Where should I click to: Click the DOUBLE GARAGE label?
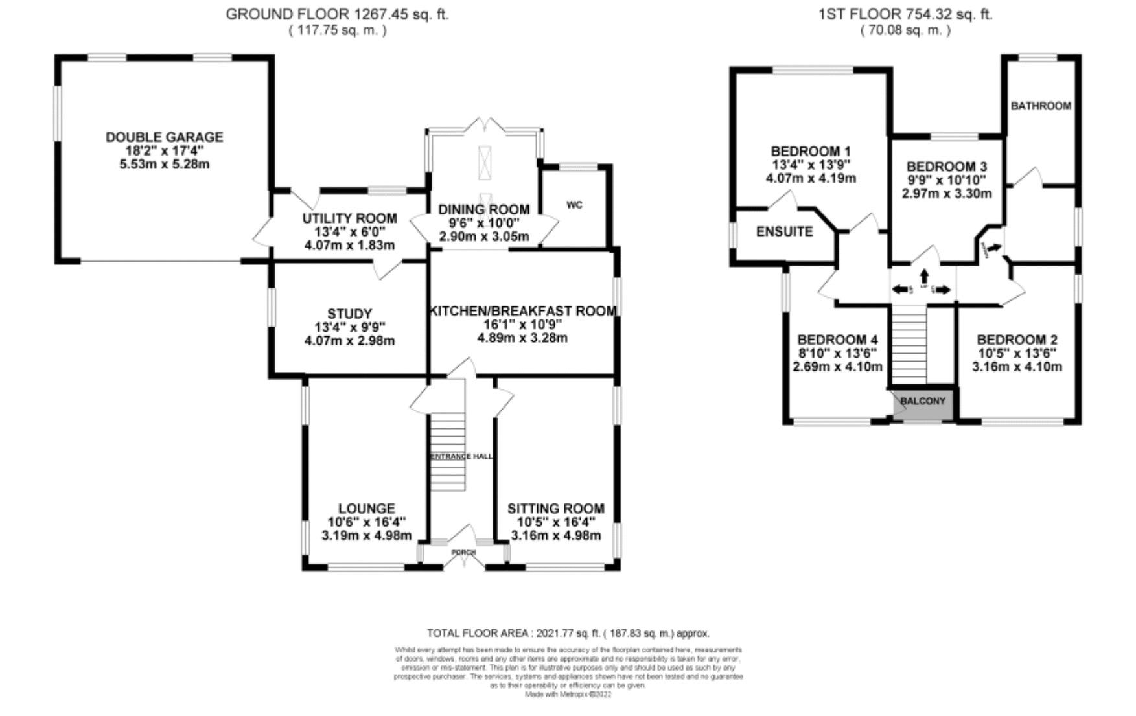[x=164, y=137]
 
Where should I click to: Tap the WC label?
[x=574, y=205]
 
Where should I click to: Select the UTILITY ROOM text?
[x=349, y=218]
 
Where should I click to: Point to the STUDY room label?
[x=349, y=314]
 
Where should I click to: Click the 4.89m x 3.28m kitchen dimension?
[x=522, y=338]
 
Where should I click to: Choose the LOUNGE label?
[x=366, y=509]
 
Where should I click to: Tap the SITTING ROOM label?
[x=555, y=509]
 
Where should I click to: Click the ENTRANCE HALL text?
[x=461, y=456]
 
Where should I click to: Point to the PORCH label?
[x=463, y=552]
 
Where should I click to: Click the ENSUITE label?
[x=784, y=231]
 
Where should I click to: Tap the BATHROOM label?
[x=1041, y=106]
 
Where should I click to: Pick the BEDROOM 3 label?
[x=946, y=167]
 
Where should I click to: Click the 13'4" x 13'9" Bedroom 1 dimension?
[x=811, y=165]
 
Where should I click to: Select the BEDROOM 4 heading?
[x=837, y=340]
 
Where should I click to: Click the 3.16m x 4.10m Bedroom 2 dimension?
[x=1017, y=367]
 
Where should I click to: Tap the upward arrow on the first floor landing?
[x=924, y=275]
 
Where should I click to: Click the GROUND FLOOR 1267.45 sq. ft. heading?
[x=337, y=14]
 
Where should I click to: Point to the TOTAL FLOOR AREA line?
[x=568, y=633]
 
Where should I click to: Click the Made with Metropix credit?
[x=568, y=694]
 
